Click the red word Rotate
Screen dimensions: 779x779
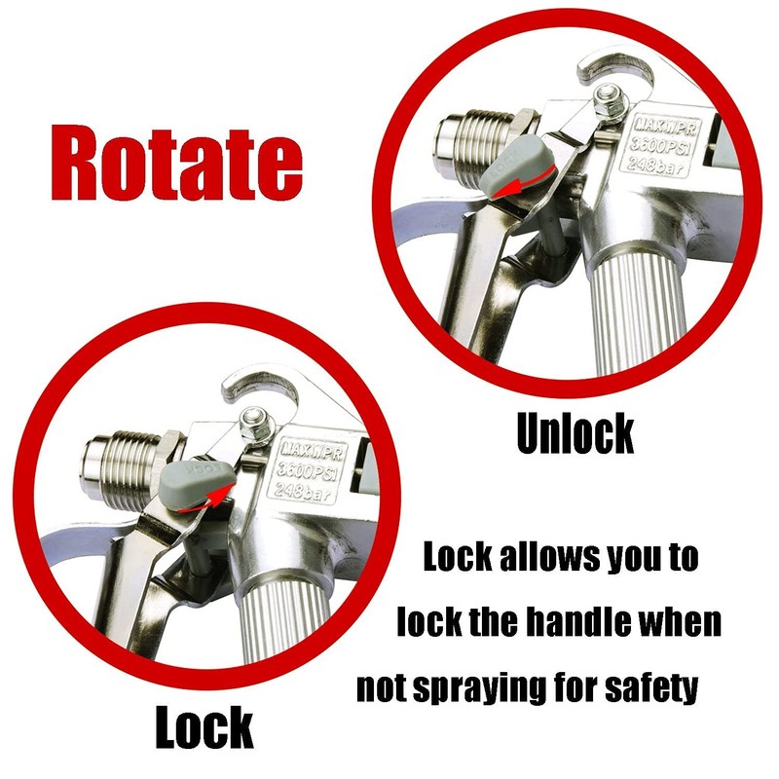173,161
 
